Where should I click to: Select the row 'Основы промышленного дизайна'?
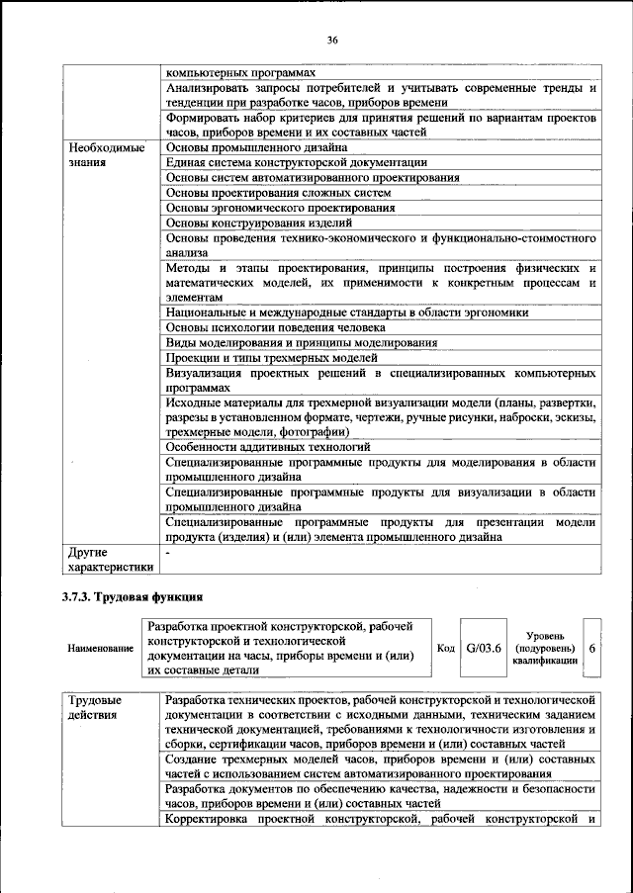click(x=256, y=147)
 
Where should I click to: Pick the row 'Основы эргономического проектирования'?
click(x=280, y=208)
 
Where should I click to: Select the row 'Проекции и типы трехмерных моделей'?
click(x=271, y=357)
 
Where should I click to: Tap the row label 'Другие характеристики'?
click(x=109, y=560)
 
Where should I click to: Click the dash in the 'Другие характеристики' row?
click(x=168, y=553)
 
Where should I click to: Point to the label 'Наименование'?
click(x=100, y=648)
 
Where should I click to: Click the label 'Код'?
click(x=445, y=647)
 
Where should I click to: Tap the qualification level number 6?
click(x=591, y=647)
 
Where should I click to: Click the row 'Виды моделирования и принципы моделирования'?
click(x=302, y=342)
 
